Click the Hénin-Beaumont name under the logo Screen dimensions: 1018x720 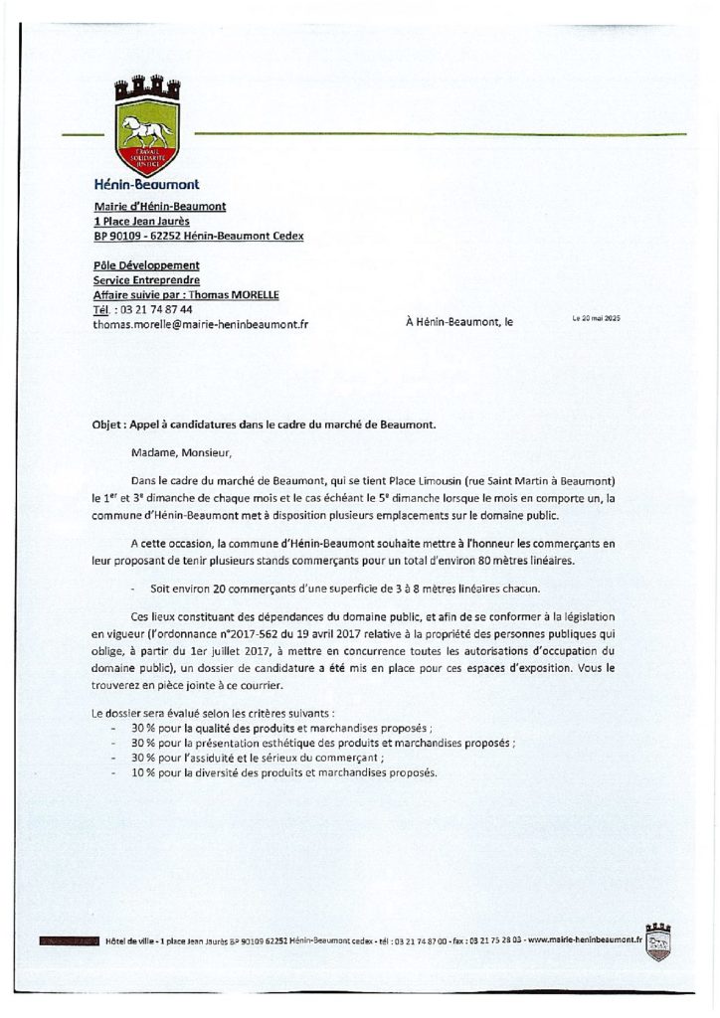(x=146, y=184)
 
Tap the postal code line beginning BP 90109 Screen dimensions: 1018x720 (x=197, y=236)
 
